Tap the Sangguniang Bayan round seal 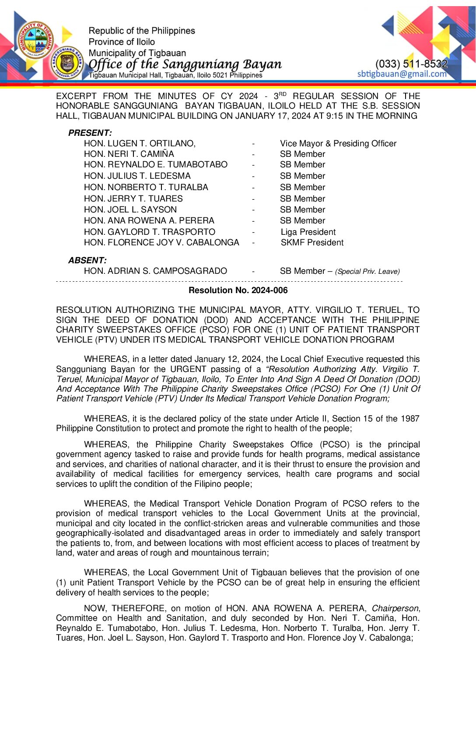(x=67, y=63)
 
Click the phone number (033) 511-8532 (x=411, y=64)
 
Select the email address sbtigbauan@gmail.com (x=402, y=74)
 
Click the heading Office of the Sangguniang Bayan (x=185, y=64)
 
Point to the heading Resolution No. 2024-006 (x=238, y=290)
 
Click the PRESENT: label (x=90, y=133)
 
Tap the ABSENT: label (x=87, y=260)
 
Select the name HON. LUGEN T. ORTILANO (x=140, y=144)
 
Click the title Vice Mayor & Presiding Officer (x=338, y=144)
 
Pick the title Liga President (x=308, y=232)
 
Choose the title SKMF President (x=312, y=243)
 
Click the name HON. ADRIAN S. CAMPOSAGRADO (x=155, y=271)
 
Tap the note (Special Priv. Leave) (x=367, y=272)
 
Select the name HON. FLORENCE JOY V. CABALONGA (x=161, y=243)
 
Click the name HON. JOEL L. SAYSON (x=130, y=210)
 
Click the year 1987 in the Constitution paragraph (x=410, y=419)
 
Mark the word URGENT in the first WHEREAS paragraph (x=188, y=369)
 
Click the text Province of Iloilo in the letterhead (x=122, y=42)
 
